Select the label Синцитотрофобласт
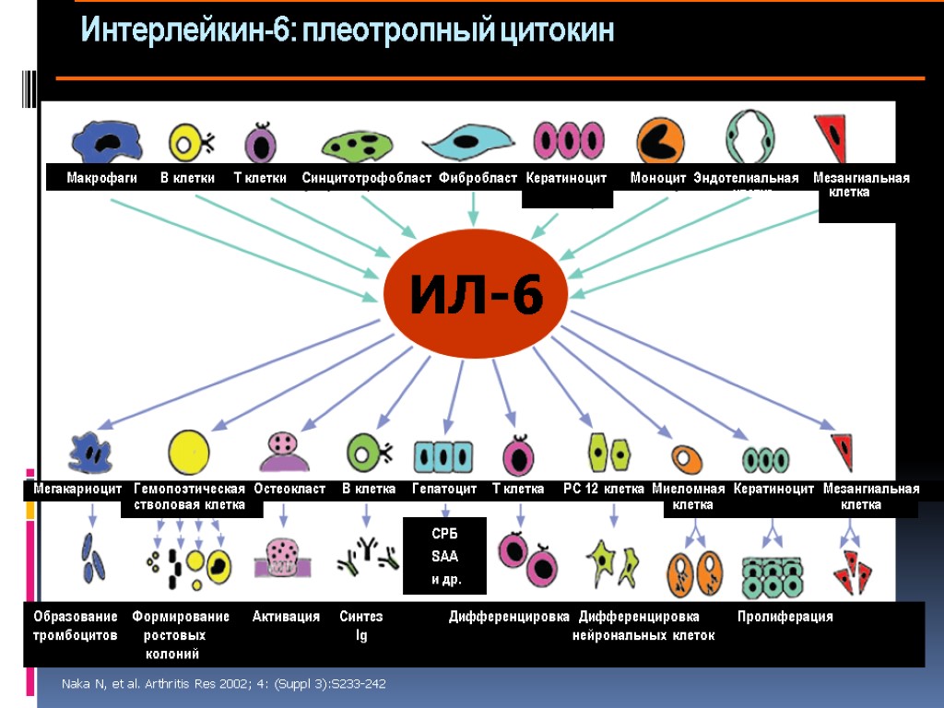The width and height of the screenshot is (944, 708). (367, 178)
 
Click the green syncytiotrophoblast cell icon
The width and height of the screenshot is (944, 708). (359, 146)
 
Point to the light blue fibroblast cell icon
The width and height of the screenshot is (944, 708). (468, 142)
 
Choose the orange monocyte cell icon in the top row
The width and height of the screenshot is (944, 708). (659, 141)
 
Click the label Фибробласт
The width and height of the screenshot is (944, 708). (478, 178)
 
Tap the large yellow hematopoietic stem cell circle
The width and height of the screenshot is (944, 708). (189, 452)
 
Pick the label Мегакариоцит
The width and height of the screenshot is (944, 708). (78, 489)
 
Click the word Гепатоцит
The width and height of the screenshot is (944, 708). (444, 489)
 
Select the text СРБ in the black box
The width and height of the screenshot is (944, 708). (444, 535)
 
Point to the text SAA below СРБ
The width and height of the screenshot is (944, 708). (444, 557)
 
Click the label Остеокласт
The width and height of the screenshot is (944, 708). (289, 489)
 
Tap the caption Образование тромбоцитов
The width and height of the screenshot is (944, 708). (76, 626)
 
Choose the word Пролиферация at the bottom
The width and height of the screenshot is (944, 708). (785, 617)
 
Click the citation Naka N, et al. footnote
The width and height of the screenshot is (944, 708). (223, 684)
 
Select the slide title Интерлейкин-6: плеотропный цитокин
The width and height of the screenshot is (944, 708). (348, 32)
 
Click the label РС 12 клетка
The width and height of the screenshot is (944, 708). (603, 489)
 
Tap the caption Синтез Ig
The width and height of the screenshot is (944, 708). (360, 626)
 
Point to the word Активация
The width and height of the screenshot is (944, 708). (286, 617)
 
